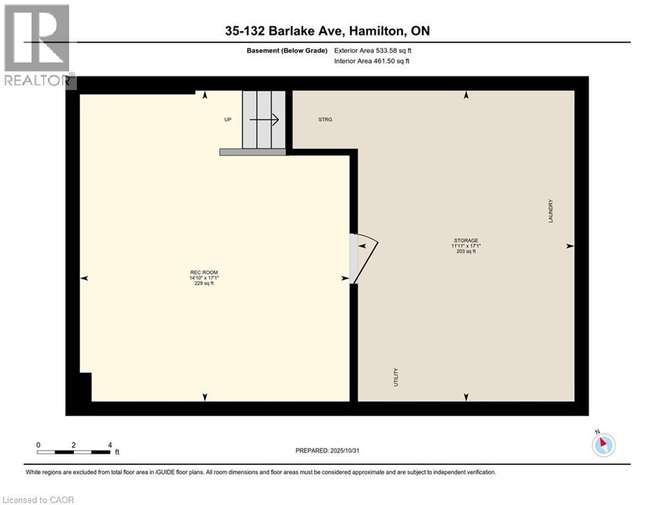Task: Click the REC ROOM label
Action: click(203, 272)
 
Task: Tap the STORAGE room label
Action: click(465, 240)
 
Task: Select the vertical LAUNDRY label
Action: click(551, 211)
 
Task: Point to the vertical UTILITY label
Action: click(396, 377)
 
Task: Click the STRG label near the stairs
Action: click(325, 120)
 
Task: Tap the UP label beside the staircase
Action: click(228, 120)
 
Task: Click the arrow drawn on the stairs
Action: click(265, 120)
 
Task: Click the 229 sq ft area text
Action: click(203, 283)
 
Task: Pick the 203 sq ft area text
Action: click(465, 251)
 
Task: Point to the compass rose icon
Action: click(603, 445)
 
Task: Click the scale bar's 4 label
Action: click(109, 445)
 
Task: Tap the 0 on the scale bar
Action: click(39, 445)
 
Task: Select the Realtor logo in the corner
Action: click(37, 46)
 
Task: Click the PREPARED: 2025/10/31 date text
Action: click(332, 450)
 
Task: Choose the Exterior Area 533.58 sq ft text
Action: click(372, 50)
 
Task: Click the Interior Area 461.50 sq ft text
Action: click(371, 61)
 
